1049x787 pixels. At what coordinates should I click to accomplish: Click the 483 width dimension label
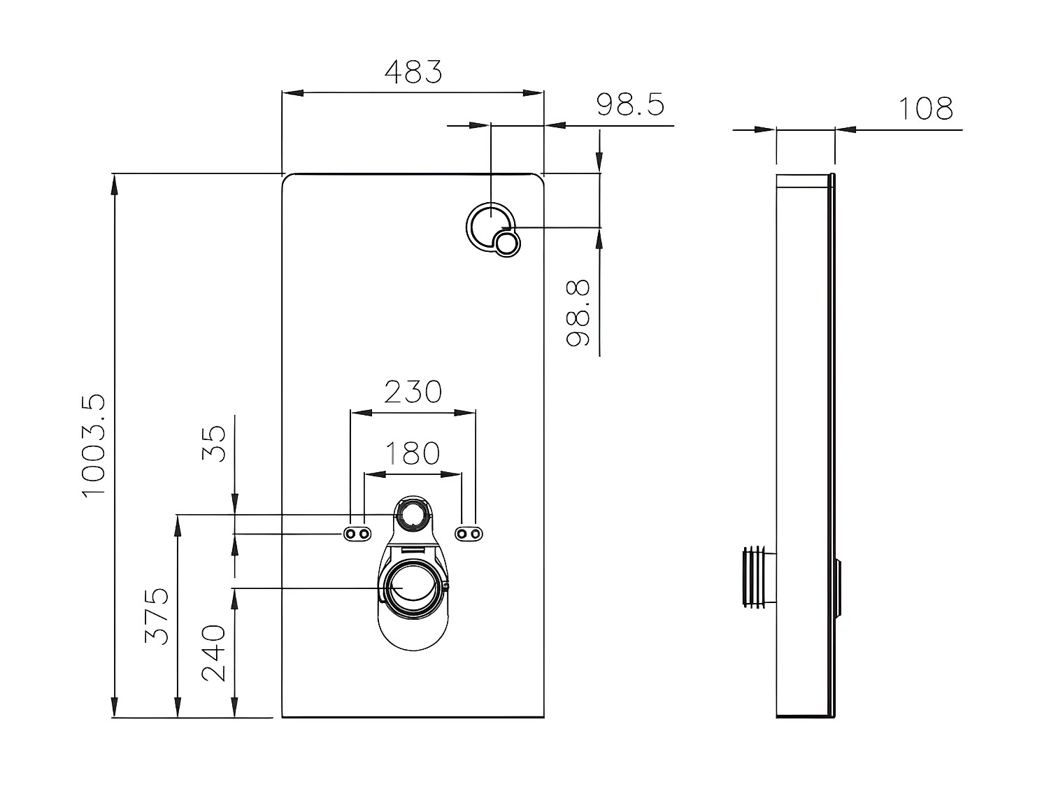coord(413,71)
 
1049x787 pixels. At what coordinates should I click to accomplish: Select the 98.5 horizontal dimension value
coord(630,105)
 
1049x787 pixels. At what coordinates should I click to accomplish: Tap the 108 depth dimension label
coord(925,108)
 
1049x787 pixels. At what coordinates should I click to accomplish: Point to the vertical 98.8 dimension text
coord(578,313)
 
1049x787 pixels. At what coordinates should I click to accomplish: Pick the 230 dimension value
coord(413,392)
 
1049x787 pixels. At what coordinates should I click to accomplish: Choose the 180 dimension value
coord(413,453)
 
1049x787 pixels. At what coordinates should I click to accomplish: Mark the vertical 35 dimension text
coord(215,443)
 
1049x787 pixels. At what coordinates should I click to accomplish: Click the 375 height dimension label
coord(157,616)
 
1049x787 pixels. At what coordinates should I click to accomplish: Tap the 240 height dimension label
coord(215,653)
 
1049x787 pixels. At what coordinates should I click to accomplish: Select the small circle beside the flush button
coord(507,243)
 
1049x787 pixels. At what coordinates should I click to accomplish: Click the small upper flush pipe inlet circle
coord(413,514)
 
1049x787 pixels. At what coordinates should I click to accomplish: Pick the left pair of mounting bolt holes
coord(356,534)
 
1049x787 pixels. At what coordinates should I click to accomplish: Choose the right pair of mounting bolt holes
coord(469,534)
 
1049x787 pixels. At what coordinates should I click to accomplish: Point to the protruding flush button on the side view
coord(839,588)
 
